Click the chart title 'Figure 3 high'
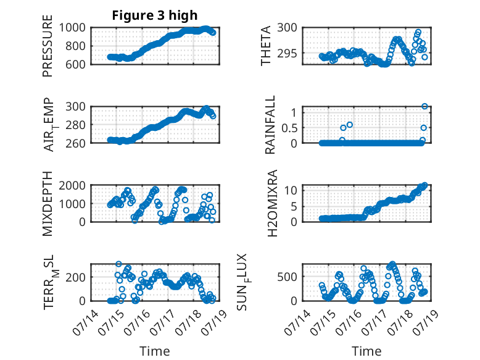155,15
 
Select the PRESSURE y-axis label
48,46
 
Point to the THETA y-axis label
266,46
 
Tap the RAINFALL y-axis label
270,125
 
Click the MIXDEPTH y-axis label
48,204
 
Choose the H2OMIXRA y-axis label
272,203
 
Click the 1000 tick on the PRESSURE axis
72,28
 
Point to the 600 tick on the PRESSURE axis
75,64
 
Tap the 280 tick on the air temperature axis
75,125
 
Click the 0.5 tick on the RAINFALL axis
289,128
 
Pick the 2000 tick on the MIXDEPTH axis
72,185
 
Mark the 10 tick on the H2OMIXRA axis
291,191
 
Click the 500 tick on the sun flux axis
287,277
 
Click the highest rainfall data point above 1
424,106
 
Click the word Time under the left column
155,351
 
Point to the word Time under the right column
366,351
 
